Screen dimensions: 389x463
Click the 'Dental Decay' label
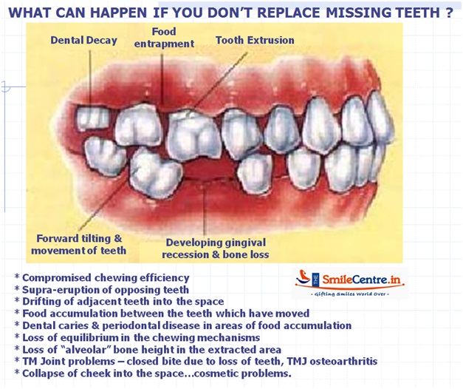coord(83,41)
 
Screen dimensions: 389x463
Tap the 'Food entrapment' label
coord(164,39)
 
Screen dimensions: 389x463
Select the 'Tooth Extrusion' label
coord(255,41)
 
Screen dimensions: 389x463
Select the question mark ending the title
coord(450,13)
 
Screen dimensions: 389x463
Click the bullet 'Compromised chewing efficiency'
coord(106,277)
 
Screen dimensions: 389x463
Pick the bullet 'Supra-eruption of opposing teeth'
coord(106,289)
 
